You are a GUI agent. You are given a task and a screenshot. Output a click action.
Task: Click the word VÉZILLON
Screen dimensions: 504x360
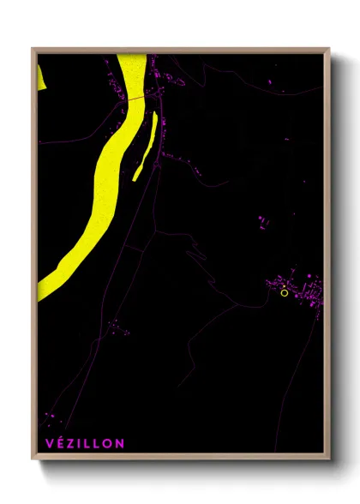point(83,443)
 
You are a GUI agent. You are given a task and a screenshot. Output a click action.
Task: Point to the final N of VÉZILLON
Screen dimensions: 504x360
point(119,443)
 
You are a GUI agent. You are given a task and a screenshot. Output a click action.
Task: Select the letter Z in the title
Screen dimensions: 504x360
point(69,443)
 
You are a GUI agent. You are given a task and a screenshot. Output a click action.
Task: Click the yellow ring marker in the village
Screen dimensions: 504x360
point(285,293)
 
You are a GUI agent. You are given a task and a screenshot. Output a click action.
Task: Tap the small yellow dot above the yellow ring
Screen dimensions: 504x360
point(284,286)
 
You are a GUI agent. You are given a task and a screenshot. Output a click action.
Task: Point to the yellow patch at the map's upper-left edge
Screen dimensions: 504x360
point(39,75)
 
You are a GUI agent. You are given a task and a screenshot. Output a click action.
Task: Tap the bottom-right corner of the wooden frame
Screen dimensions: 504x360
point(329,460)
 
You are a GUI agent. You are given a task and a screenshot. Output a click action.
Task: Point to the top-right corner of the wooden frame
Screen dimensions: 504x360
point(329,49)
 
